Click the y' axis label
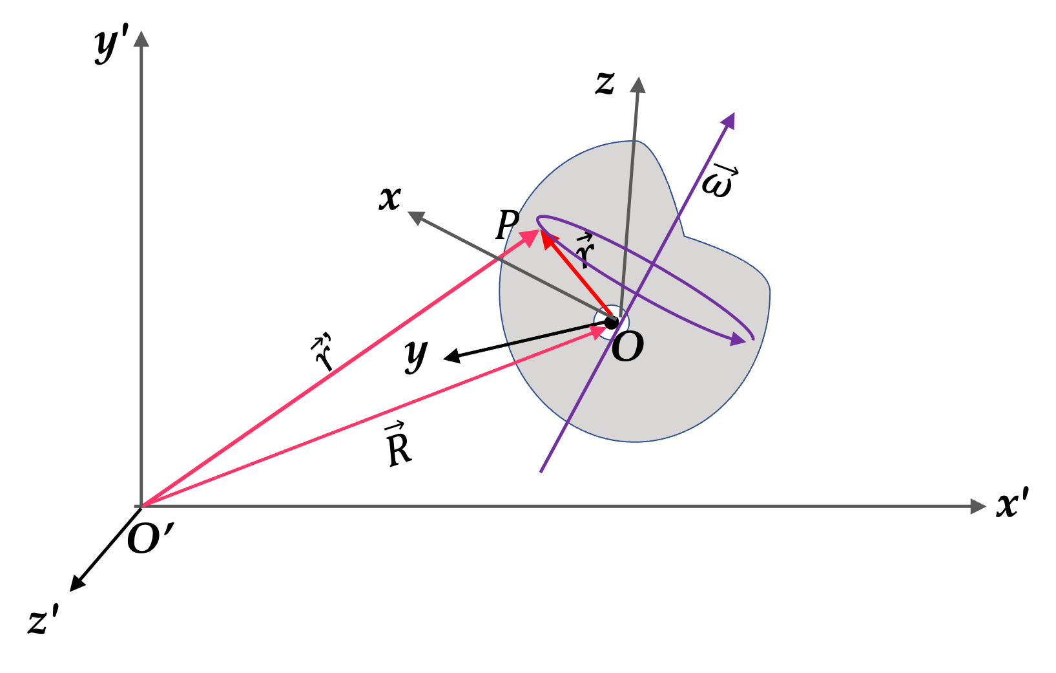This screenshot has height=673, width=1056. click(x=112, y=47)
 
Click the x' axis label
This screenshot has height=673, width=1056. click(x=1012, y=504)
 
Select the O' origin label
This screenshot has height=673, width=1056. click(x=150, y=538)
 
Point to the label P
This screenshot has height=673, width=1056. click(x=507, y=224)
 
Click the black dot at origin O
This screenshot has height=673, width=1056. click(x=611, y=323)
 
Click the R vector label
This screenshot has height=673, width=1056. click(x=398, y=444)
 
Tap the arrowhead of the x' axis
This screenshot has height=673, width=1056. click(x=978, y=506)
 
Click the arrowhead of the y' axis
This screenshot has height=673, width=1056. click(x=141, y=39)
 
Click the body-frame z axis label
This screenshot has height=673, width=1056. click(x=605, y=83)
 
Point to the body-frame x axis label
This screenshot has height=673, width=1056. click(x=390, y=198)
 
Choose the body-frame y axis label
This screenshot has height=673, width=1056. click(x=416, y=356)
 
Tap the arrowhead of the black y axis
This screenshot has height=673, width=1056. click(x=452, y=357)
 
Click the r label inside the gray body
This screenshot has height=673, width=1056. click(x=585, y=250)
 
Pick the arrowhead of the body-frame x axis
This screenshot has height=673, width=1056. click(x=416, y=218)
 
